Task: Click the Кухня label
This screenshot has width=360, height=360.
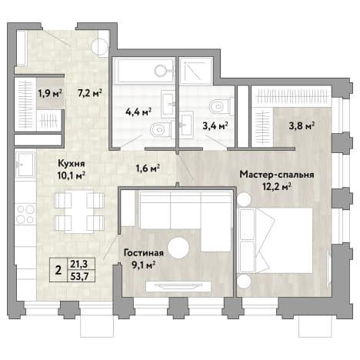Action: coord(72,163)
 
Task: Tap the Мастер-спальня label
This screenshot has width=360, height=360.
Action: coord(277,175)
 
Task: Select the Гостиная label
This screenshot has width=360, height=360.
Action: coord(144,253)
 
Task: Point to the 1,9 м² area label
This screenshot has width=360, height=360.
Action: coord(50,93)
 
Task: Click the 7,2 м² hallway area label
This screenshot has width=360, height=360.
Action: coord(90,93)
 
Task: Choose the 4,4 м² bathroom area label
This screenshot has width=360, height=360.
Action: coord(138,112)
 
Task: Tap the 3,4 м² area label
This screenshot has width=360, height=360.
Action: coord(215,126)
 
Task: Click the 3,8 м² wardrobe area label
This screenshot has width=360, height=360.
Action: coord(302,126)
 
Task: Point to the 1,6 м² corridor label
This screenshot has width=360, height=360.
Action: coord(148,168)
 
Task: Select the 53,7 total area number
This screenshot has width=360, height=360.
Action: coord(81,276)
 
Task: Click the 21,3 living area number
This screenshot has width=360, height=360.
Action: coord(81,264)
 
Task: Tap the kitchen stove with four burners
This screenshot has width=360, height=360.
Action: coord(25,215)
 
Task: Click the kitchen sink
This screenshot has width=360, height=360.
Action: coord(25,165)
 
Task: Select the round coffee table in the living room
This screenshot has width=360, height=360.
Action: coord(178,248)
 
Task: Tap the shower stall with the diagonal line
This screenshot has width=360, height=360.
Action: coord(195,71)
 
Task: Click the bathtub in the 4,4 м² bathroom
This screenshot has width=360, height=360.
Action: coord(144,70)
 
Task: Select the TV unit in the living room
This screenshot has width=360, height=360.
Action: coord(178,286)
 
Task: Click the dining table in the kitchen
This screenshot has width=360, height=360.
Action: coord(79,212)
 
